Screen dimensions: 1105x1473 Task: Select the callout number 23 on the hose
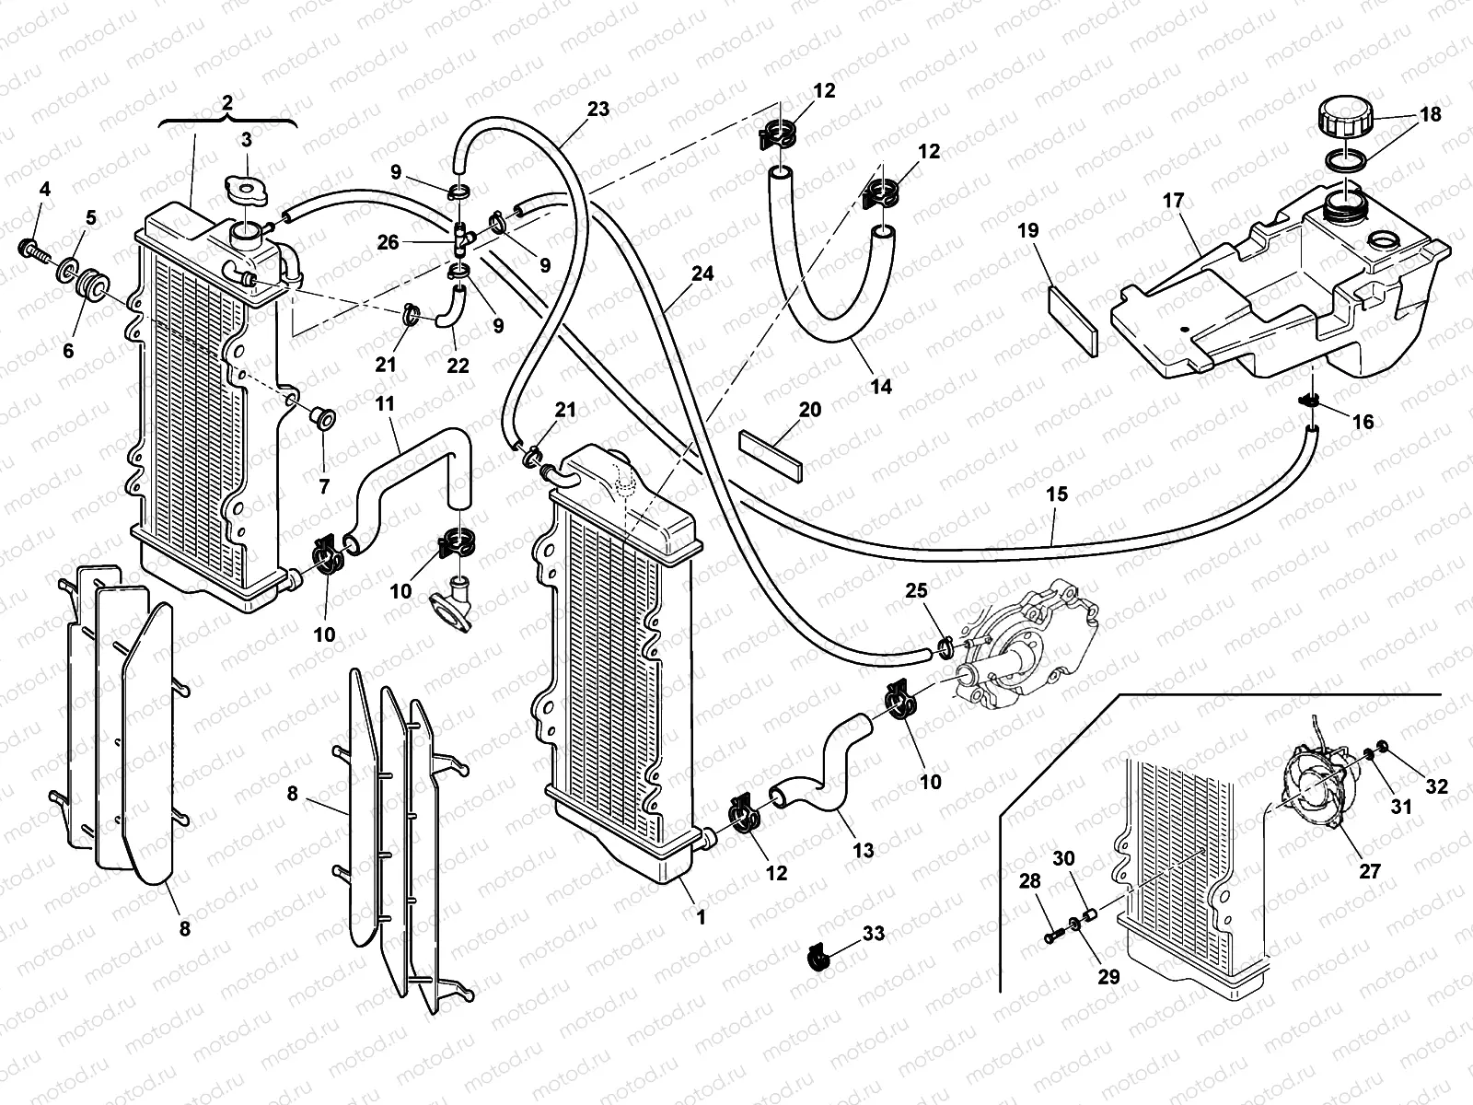pos(598,109)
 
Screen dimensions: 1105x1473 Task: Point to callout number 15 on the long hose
pos(1057,494)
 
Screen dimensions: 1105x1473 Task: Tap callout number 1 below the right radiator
pos(701,916)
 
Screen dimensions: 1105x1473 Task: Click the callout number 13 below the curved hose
pos(863,851)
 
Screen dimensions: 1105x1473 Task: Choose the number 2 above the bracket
pos(227,102)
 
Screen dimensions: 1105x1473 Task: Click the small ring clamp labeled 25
pos(944,649)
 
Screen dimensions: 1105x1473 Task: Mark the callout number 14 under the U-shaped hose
pos(881,387)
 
